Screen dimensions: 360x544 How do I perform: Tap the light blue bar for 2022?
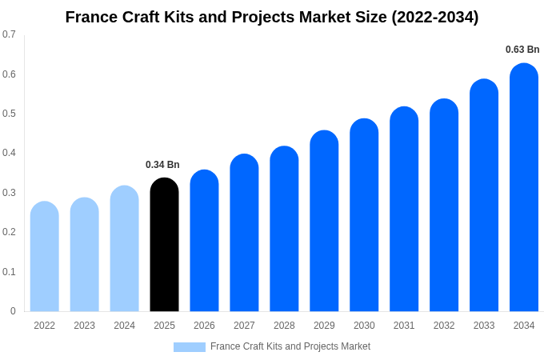pos(45,257)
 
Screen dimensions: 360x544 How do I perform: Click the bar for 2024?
pos(124,249)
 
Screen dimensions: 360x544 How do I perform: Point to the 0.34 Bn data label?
pos(162,165)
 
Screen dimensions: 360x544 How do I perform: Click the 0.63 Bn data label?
pos(522,50)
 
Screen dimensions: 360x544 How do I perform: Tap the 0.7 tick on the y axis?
pos(9,34)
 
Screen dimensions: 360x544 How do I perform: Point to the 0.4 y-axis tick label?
pos(9,153)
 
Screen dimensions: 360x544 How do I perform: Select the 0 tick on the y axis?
pos(13,311)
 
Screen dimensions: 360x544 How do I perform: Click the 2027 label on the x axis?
pos(244,326)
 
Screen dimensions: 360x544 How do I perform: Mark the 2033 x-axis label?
pos(484,326)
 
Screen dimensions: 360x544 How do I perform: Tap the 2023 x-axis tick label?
pos(84,326)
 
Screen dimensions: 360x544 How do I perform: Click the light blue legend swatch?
pos(190,347)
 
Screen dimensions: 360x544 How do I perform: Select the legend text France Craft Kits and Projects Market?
pos(290,346)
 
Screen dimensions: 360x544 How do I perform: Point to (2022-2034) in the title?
pos(434,17)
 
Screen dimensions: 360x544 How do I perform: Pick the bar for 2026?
pos(204,241)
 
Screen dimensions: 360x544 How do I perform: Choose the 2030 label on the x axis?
pos(364,326)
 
